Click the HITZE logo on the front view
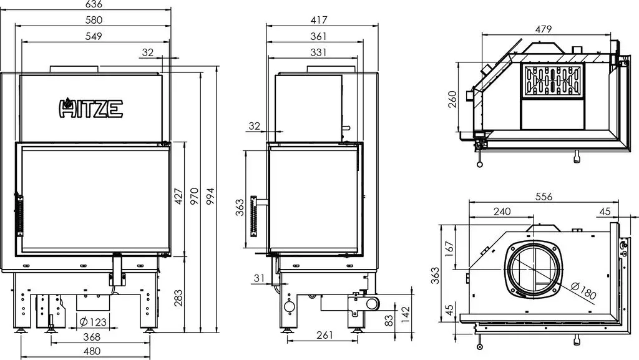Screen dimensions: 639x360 click(91, 108)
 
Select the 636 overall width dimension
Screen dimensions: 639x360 click(94, 4)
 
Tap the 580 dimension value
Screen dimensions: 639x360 click(94, 19)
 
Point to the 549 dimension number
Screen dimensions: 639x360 click(94, 36)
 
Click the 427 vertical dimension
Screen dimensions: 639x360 click(178, 196)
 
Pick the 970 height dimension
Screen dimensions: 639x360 click(195, 196)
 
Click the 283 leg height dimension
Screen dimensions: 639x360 click(178, 298)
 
